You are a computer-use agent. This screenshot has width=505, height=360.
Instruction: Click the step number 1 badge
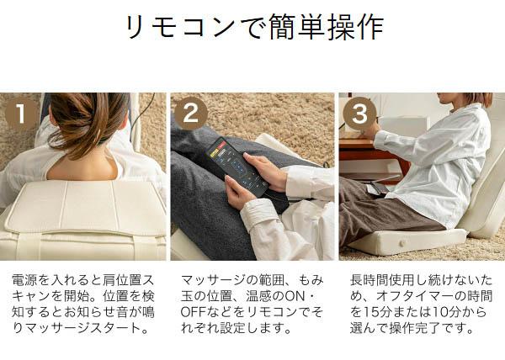(x=22, y=114)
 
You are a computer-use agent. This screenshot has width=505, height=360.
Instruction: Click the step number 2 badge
(x=190, y=114)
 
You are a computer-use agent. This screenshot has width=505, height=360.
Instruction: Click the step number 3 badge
(x=359, y=114)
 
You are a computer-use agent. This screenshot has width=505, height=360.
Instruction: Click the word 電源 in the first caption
(x=23, y=278)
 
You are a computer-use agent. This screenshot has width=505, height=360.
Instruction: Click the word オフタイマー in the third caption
(x=405, y=295)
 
